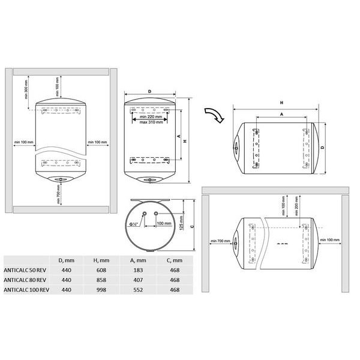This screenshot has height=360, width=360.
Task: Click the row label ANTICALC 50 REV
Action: coord(26,270)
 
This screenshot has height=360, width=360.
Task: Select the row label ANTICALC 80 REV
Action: coord(26,280)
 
